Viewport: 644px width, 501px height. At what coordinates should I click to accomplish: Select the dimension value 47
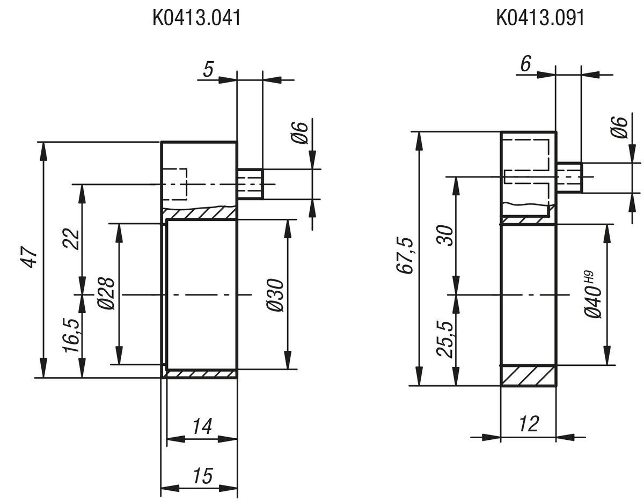pyautogui.click(x=30, y=258)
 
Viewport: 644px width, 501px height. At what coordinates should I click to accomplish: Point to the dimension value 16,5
pyautogui.click(x=72, y=335)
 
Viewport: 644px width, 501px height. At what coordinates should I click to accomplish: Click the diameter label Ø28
pyautogui.click(x=106, y=293)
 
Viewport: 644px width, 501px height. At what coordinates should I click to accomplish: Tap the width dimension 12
pyautogui.click(x=529, y=424)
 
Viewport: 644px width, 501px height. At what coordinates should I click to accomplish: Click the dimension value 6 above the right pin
pyautogui.click(x=525, y=64)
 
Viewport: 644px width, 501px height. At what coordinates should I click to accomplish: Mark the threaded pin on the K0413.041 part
pyautogui.click(x=250, y=184)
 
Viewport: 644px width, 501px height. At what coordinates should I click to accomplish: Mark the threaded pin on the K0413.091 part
pyautogui.click(x=569, y=177)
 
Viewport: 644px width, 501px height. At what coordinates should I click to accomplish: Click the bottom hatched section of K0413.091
pyautogui.click(x=529, y=375)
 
